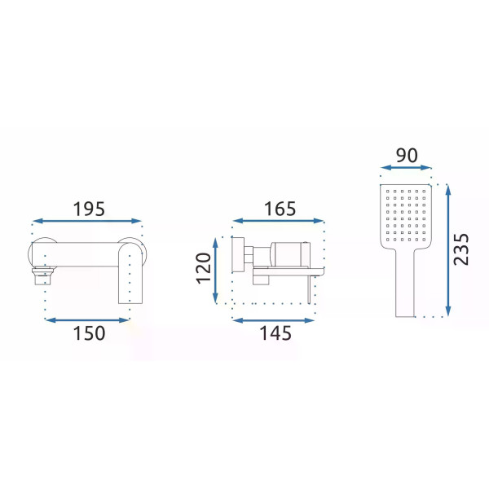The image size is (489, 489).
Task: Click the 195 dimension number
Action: point(89,209)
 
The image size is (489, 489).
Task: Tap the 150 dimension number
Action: point(89,333)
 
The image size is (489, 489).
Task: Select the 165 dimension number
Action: point(280,209)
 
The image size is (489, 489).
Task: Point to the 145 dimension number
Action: point(275,333)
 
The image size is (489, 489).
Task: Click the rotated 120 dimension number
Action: point(203,268)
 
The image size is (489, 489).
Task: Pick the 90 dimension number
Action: point(407,156)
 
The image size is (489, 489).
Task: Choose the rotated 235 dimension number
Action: point(461,249)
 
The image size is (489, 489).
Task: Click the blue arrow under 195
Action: point(87,221)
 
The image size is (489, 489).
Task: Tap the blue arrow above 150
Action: point(87,320)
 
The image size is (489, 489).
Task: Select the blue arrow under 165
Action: point(278,221)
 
